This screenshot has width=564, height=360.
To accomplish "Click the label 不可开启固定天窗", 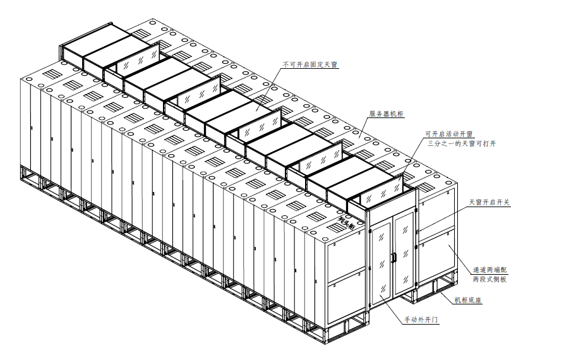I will [309, 64].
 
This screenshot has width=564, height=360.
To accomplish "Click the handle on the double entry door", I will [393, 258].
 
